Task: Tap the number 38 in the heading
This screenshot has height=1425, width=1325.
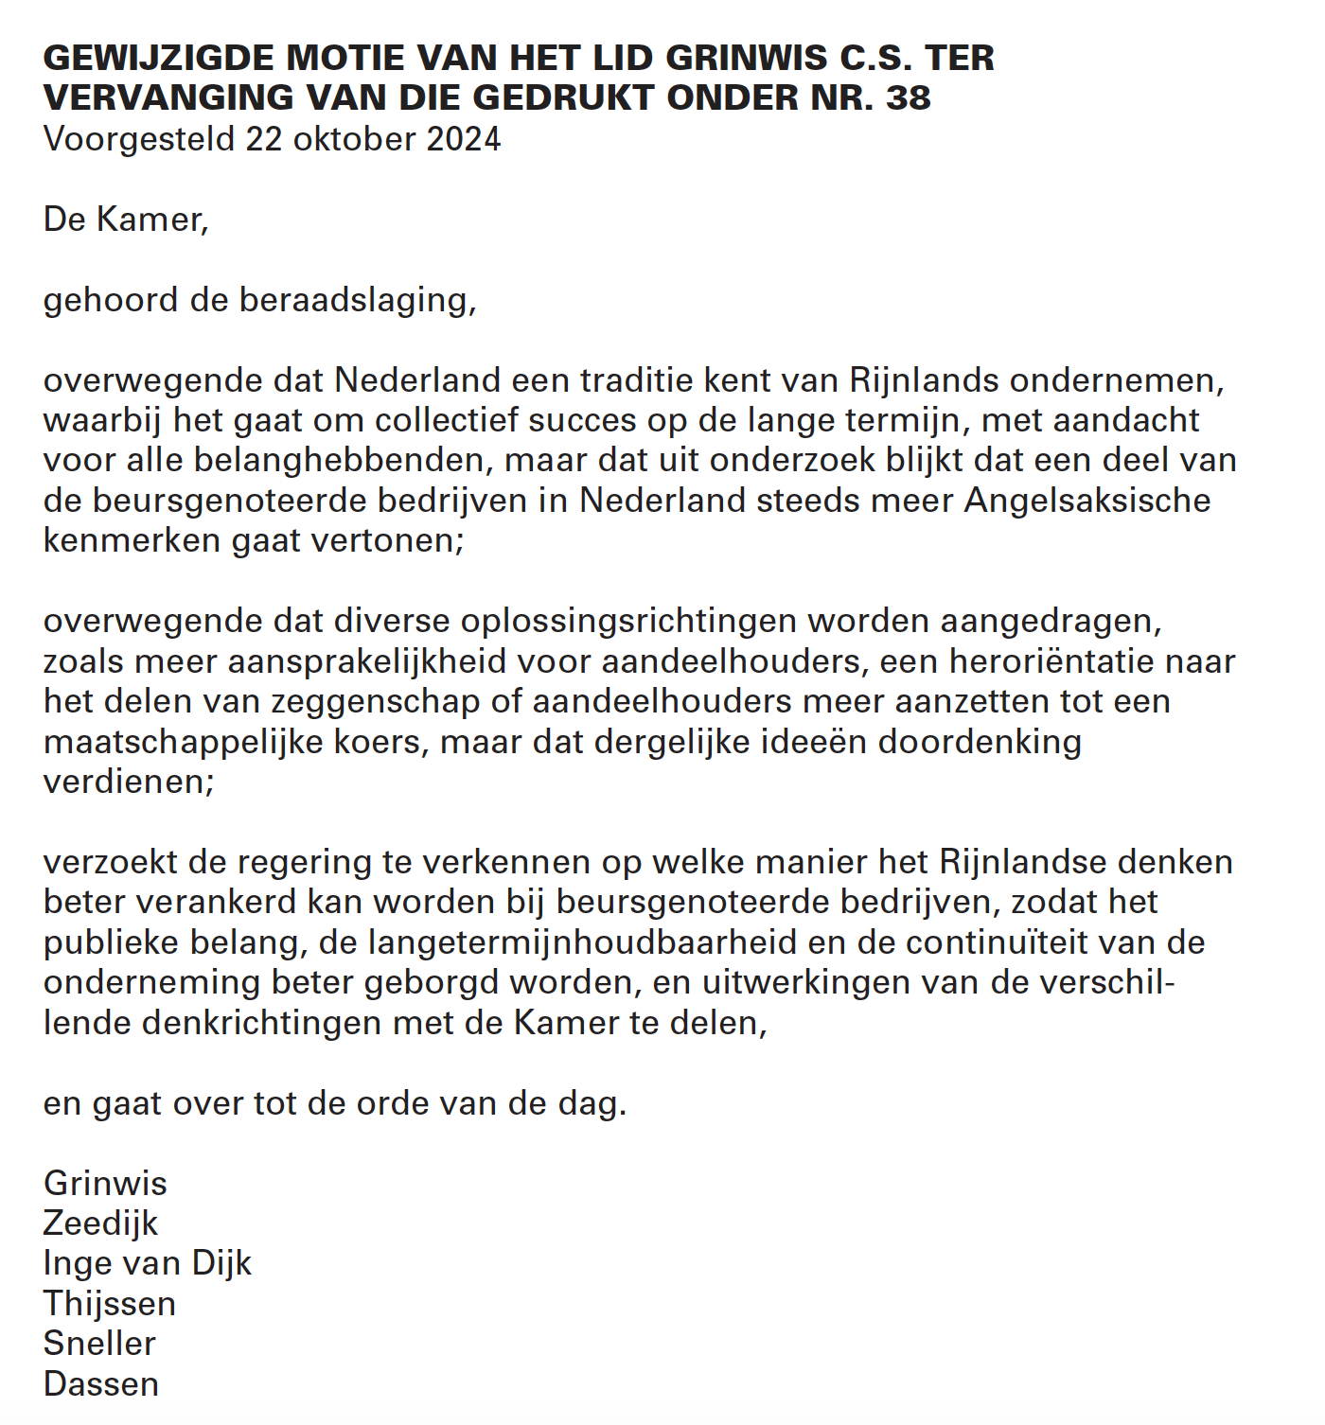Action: point(908,97)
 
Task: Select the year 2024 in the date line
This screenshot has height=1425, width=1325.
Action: point(463,139)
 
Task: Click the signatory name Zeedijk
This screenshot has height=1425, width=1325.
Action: point(100,1223)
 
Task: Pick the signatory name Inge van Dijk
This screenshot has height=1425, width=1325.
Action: point(148,1263)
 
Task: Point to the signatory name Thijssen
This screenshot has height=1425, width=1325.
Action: point(110,1304)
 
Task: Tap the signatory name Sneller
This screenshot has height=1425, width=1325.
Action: point(99,1344)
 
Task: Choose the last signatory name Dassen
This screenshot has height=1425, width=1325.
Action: point(101,1384)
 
